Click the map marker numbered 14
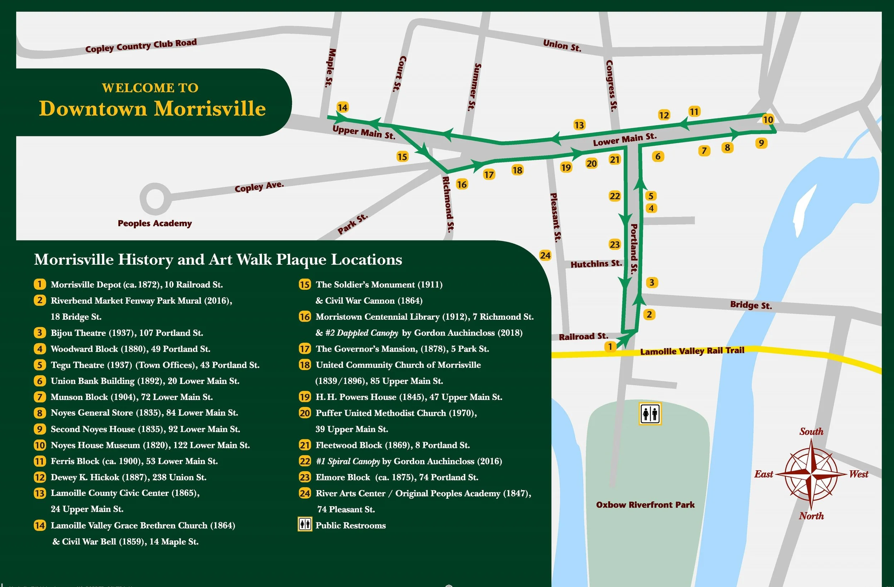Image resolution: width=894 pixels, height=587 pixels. pyautogui.click(x=342, y=107)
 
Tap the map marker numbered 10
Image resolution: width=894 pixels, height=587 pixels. pyautogui.click(x=768, y=119)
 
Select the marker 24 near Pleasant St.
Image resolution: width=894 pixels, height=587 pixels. pyautogui.click(x=545, y=255)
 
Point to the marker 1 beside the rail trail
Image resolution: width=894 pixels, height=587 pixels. pyautogui.click(x=610, y=347)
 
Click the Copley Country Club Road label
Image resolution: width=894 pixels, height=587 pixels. pyautogui.click(x=141, y=46)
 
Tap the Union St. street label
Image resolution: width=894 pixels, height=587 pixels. pyautogui.click(x=562, y=45)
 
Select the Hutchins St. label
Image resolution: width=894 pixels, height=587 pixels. pyautogui.click(x=596, y=264)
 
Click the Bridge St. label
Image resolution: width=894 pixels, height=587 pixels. pyautogui.click(x=751, y=305)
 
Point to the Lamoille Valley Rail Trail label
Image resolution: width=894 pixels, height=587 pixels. pyautogui.click(x=692, y=351)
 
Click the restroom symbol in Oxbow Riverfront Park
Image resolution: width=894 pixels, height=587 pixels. pyautogui.click(x=650, y=414)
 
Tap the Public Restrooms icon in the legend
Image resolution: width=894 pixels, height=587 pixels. pyautogui.click(x=305, y=525)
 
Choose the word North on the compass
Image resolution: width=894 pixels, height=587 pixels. pyautogui.click(x=811, y=516)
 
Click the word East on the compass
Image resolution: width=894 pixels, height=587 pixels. pyautogui.click(x=763, y=474)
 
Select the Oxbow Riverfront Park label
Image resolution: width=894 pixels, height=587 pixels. pyautogui.click(x=645, y=505)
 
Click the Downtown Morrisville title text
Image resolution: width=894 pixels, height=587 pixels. pyautogui.click(x=152, y=109)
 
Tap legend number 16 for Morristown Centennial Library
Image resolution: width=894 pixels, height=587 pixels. pyautogui.click(x=305, y=317)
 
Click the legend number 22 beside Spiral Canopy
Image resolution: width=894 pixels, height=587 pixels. pyautogui.click(x=305, y=461)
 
